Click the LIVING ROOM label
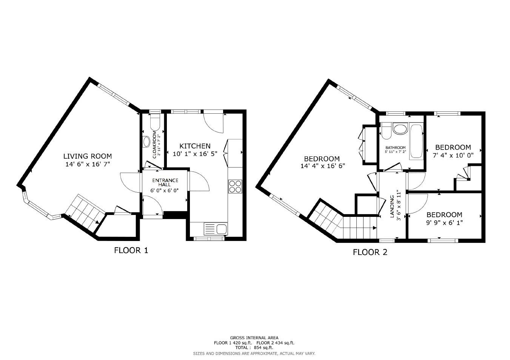coord(88,156)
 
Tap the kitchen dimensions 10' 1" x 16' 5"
coord(195,154)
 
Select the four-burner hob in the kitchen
coord(235,186)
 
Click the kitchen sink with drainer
coord(216,229)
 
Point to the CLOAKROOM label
coord(155,145)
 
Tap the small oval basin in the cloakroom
coord(146,142)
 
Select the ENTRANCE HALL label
coord(165,182)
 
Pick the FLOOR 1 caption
coord(131,250)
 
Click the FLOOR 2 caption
coord(370,252)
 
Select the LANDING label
coord(392,206)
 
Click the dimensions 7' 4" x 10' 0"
coord(453,155)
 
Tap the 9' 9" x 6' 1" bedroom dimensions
coord(444,222)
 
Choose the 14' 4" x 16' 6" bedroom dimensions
coord(323,166)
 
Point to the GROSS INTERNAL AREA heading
coord(254,338)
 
